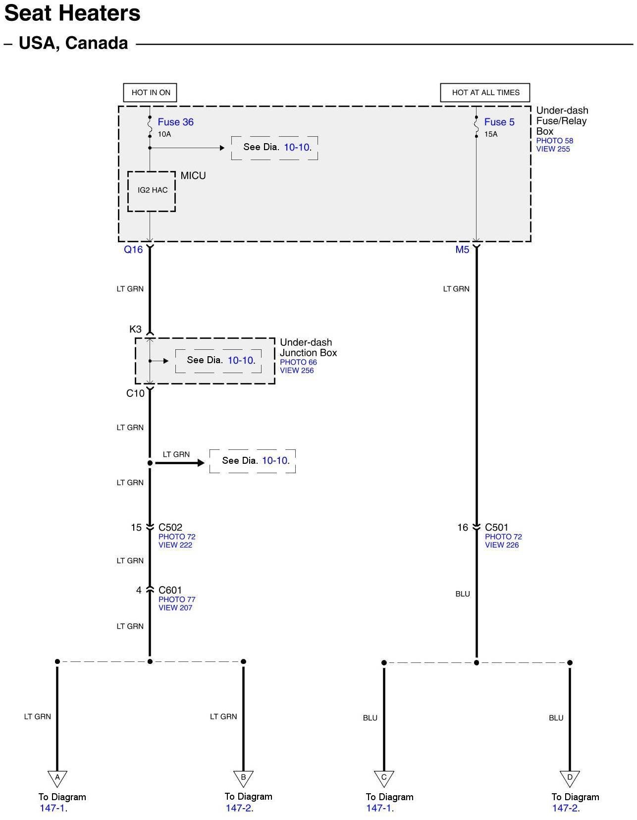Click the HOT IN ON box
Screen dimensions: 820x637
click(150, 93)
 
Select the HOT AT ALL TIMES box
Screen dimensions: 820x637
click(485, 93)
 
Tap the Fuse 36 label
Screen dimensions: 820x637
click(175, 122)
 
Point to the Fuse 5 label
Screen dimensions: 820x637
click(499, 122)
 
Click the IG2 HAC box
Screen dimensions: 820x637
click(152, 190)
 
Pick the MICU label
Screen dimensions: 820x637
click(193, 175)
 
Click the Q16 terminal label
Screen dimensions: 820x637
click(133, 250)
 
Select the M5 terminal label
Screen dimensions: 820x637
click(462, 250)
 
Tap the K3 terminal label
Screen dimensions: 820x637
click(135, 329)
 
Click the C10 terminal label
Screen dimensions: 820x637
click(135, 393)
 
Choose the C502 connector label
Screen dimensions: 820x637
click(170, 528)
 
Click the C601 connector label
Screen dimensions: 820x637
click(170, 590)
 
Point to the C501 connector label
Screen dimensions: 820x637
click(496, 528)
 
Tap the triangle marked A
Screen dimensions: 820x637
click(57, 778)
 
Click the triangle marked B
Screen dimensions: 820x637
click(243, 778)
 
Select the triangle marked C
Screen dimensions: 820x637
click(384, 778)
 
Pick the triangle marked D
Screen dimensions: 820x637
click(570, 778)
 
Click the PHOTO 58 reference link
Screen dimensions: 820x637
click(554, 141)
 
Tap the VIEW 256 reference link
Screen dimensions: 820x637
click(297, 371)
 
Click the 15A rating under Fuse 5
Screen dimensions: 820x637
click(491, 134)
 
